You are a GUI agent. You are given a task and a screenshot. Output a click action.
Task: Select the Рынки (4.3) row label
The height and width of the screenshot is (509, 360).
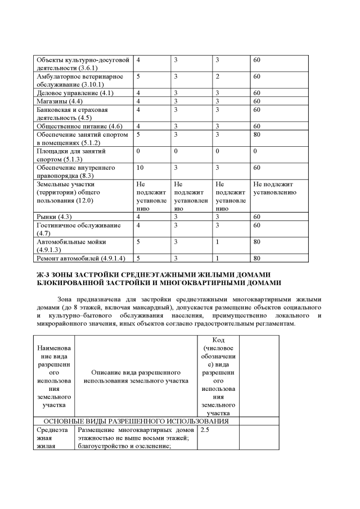54,217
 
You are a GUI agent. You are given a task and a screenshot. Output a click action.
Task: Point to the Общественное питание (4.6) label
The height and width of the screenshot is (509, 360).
79,127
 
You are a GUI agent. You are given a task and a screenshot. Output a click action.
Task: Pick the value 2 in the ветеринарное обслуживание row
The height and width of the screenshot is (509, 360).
217,76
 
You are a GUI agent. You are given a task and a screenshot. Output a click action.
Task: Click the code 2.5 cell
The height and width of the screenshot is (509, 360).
204,430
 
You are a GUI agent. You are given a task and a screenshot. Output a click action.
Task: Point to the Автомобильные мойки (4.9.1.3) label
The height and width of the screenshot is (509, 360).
71,245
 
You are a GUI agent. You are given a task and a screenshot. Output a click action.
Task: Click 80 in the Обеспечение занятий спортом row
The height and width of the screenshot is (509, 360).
256,135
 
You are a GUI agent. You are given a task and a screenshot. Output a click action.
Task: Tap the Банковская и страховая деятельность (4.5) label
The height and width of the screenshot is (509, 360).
72,114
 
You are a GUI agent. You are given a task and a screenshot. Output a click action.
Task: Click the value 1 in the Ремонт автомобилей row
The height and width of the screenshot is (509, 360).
217,258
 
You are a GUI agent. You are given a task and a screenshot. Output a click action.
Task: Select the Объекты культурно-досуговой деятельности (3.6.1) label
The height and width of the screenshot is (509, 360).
83,64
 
